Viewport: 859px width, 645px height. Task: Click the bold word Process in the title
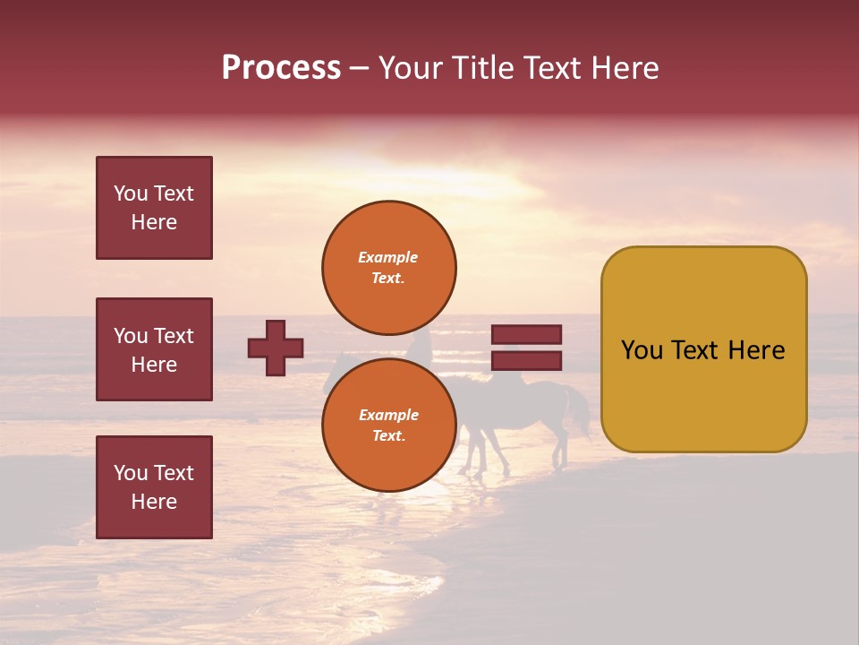281,68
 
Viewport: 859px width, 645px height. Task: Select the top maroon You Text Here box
154,208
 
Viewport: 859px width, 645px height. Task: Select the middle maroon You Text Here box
154,349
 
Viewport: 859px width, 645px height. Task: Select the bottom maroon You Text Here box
154,487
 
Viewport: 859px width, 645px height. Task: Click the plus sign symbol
276,348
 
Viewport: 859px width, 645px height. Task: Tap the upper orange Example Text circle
389,267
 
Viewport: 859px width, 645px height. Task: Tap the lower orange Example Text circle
389,425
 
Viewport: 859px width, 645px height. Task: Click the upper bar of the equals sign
526,334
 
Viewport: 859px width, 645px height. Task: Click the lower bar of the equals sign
526,361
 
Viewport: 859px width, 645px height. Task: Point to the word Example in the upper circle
387,257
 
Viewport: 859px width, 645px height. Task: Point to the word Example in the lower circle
388,415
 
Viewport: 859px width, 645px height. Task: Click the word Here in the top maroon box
154,222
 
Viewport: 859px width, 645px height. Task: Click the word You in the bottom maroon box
130,473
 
